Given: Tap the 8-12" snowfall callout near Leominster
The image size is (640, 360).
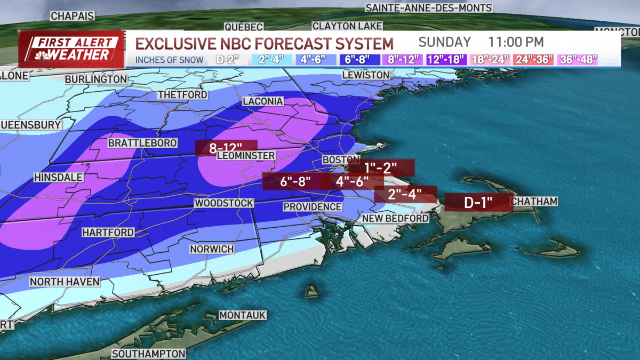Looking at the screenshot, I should (x=227, y=148).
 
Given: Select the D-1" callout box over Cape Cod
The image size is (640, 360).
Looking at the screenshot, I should (x=478, y=202).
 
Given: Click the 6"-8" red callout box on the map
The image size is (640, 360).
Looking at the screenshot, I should (x=293, y=181).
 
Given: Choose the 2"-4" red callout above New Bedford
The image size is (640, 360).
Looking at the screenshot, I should (x=405, y=194).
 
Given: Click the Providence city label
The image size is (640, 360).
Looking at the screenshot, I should (x=312, y=206).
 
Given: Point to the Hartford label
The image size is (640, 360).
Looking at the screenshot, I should (x=108, y=233).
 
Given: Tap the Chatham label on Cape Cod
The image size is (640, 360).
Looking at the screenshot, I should (x=534, y=201).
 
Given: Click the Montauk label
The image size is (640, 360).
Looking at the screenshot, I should (x=242, y=315).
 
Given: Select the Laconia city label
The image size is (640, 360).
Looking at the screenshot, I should (x=263, y=101).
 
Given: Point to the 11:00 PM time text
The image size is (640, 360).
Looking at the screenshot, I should (x=516, y=42).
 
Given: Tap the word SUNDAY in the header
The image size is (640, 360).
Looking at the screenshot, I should (x=444, y=42).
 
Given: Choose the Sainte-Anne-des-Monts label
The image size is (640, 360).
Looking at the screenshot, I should (x=428, y=7).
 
